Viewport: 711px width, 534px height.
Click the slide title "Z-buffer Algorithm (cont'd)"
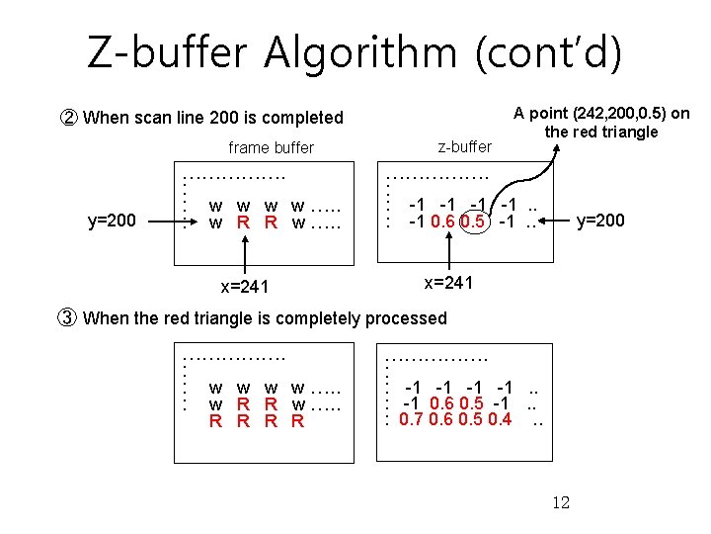tap(355, 51)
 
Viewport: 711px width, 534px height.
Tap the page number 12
tap(560, 502)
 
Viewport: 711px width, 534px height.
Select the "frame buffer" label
tap(271, 147)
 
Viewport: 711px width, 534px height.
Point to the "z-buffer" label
tap(463, 146)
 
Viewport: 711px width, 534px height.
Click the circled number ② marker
tap(69, 118)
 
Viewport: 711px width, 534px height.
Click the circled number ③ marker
tap(69, 317)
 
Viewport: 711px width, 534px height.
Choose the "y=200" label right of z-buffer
tap(600, 220)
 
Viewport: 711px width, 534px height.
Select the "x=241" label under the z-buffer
tap(449, 283)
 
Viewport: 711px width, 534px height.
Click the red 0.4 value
tap(500, 420)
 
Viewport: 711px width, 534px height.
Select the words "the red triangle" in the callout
tap(600, 132)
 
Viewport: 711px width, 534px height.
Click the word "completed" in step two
tap(305, 118)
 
